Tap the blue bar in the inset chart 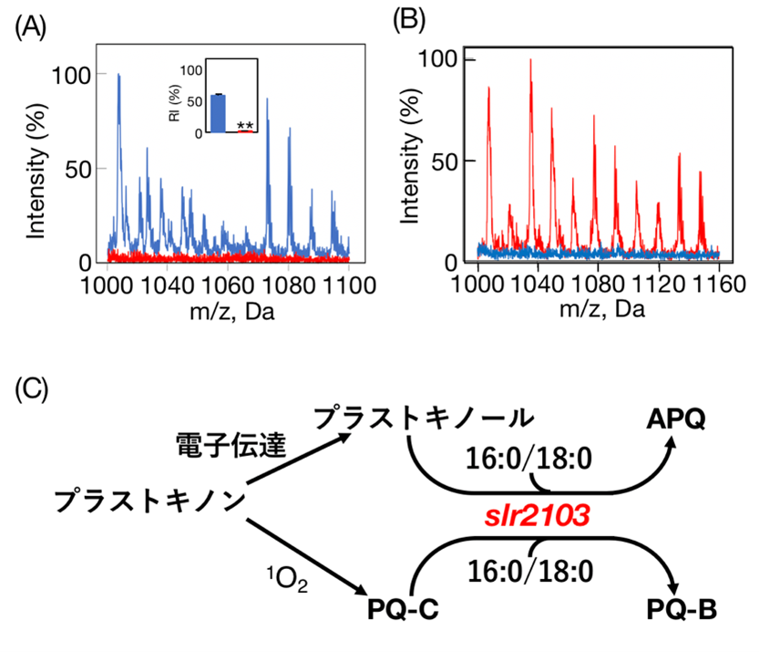click(x=219, y=113)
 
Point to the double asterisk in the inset click(x=244, y=126)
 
